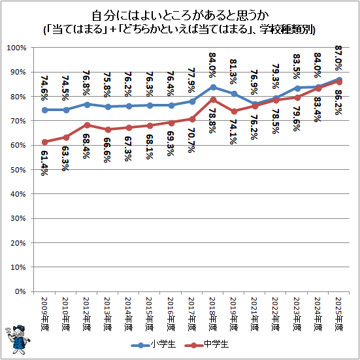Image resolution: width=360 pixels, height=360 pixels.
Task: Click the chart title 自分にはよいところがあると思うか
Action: pos(180,16)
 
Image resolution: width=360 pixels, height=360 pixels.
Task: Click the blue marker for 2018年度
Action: pos(213,87)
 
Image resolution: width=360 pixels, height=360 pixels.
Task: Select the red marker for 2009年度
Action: pos(45,142)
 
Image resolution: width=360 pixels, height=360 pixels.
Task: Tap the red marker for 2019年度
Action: pos(234,111)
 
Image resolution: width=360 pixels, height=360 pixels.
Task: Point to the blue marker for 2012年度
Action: pos(87,105)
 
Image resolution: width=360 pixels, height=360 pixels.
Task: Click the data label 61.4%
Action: pos(44,163)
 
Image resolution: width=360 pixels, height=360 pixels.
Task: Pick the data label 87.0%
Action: pos(339,57)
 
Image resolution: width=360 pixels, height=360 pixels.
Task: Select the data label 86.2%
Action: pos(339,102)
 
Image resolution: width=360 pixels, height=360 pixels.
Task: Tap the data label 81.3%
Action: pos(234,72)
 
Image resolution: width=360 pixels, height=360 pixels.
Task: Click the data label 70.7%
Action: pos(191,140)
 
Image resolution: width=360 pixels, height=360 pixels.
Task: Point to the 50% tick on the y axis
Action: pos(18,170)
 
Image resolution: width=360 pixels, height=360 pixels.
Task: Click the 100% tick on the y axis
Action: pos(16,48)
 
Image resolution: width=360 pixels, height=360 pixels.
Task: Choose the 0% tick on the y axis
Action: pos(20,291)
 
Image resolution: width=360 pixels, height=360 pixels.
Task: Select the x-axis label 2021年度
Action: pos(255,314)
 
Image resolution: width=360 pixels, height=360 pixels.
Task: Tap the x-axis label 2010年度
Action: pos(66,314)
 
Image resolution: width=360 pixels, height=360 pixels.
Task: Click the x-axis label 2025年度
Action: pos(339,314)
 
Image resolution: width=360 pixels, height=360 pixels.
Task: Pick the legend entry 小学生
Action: pos(153,344)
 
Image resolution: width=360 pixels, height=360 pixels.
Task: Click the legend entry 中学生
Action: pos(206,344)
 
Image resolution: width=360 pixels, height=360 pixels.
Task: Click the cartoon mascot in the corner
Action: pos(18,340)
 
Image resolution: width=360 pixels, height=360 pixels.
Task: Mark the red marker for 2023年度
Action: pos(297,98)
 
